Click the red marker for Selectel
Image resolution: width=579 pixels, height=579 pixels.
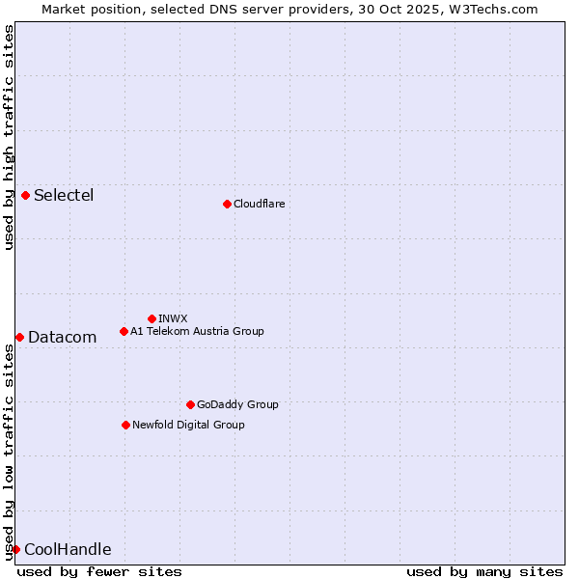tap(26, 195)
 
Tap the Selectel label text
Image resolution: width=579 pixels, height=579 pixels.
tap(64, 196)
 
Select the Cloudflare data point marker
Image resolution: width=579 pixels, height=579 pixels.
tap(227, 204)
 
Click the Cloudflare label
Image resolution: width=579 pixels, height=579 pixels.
tap(259, 204)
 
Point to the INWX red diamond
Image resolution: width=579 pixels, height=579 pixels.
tap(152, 318)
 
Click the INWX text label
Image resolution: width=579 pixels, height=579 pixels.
tap(173, 318)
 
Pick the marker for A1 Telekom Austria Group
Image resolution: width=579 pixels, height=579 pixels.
tap(124, 331)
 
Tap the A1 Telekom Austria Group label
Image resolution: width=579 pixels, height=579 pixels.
tap(197, 331)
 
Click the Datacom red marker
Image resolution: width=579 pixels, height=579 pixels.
tap(19, 337)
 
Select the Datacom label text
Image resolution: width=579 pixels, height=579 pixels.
tap(63, 338)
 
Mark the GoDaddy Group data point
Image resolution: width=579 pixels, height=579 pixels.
tap(190, 404)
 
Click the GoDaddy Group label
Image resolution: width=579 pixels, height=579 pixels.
tap(237, 404)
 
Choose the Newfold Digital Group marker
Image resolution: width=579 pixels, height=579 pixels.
tap(125, 425)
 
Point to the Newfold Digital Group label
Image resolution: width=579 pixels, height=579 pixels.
tap(188, 425)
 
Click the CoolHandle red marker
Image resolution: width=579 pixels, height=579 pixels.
tap(15, 549)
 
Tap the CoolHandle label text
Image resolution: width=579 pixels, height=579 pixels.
tap(68, 550)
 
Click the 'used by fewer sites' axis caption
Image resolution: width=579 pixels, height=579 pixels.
tap(99, 571)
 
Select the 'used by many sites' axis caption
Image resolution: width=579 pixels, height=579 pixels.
tap(484, 571)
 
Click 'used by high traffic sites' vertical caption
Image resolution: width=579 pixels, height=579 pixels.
tap(9, 137)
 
